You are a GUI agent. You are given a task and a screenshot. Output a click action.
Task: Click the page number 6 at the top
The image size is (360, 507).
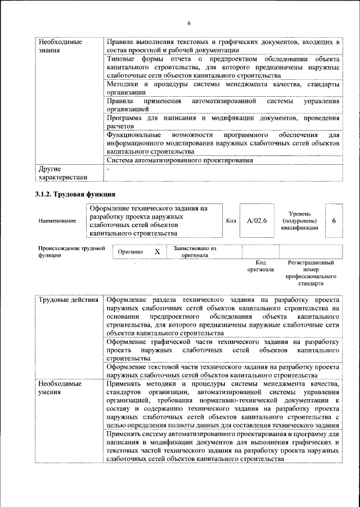click(189, 23)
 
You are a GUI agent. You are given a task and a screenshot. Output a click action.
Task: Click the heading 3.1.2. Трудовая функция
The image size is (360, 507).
click(71, 194)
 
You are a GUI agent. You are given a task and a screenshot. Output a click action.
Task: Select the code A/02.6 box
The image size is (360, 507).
click(256, 221)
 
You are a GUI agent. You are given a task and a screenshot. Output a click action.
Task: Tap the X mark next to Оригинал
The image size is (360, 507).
click(157, 252)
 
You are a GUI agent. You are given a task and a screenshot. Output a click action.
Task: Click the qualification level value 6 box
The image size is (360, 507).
click(334, 221)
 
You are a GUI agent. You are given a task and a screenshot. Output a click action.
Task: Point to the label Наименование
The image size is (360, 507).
click(57, 221)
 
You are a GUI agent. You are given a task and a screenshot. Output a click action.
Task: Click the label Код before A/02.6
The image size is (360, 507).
click(231, 221)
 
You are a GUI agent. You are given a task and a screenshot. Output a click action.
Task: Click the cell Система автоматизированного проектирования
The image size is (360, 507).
click(179, 160)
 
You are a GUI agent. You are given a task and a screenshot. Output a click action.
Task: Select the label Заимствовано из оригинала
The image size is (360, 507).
click(195, 251)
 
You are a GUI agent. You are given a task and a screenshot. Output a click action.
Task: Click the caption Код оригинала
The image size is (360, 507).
click(260, 266)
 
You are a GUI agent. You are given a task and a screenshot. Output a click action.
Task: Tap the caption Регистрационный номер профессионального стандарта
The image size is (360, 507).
click(310, 273)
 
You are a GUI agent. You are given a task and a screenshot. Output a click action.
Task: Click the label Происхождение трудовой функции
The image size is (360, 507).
click(71, 251)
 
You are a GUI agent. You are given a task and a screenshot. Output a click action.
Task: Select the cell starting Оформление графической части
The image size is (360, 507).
click(223, 349)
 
